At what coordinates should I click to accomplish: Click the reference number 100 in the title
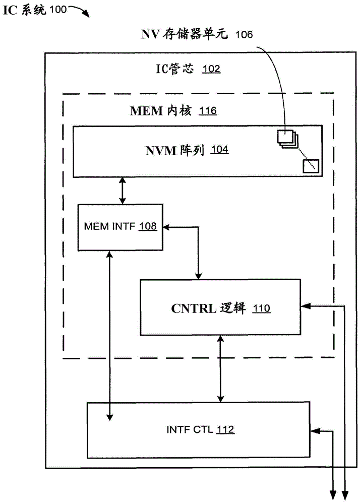tap(57, 10)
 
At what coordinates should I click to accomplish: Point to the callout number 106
tap(243, 34)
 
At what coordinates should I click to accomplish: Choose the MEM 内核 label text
tap(161, 110)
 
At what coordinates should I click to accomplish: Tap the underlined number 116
tap(208, 110)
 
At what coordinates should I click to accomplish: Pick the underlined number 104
tap(219, 150)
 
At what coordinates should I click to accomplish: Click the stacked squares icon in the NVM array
tap(286, 138)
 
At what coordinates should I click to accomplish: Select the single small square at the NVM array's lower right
tap(309, 165)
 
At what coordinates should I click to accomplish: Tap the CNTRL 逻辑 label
tap(207, 308)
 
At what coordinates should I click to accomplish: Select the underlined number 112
tap(225, 429)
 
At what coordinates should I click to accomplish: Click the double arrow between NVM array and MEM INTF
tap(122, 191)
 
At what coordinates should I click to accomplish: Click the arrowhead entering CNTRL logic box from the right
tap(305, 305)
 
